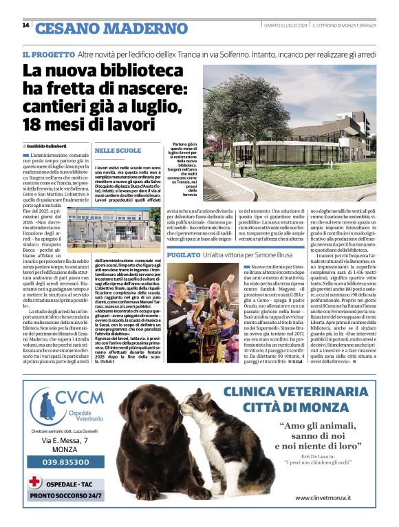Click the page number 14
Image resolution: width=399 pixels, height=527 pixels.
25,25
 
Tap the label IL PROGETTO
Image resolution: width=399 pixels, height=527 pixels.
47,54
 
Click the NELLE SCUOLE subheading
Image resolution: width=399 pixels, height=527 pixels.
118,150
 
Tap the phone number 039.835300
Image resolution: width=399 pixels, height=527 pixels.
65,462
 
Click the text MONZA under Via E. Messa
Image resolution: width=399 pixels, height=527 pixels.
65,449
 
